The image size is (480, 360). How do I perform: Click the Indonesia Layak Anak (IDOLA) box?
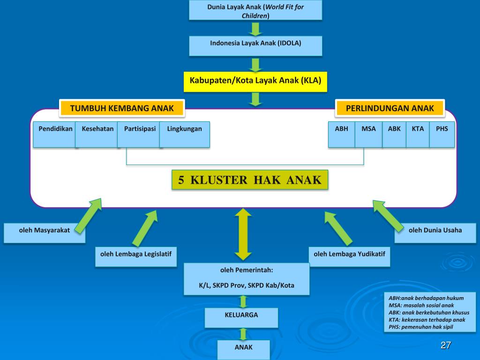pos(255,46)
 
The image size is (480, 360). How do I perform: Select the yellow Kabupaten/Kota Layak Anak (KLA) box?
pos(255,82)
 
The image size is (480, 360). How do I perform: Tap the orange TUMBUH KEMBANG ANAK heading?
pos(122,108)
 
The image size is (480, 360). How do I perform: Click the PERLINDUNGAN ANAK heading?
pos(390,108)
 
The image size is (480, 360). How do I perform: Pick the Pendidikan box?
pos(55,135)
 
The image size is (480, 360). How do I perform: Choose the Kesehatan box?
pos(97,135)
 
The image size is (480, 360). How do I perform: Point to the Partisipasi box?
pos(139,135)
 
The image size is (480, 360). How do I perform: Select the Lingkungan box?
pos(185,135)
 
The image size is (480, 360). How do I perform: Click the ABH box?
pos(342,135)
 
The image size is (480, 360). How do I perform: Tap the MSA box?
pos(368,135)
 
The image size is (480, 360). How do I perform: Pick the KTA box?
pos(418,135)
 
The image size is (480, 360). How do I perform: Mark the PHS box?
pos(442,135)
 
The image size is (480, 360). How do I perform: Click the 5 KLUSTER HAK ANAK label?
pos(250,180)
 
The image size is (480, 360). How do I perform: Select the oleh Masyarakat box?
pos(45,233)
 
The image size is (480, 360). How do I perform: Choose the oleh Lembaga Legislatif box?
pos(136,256)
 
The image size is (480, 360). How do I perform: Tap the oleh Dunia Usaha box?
pos(435,233)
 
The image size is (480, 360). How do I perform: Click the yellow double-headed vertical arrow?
pos(243,234)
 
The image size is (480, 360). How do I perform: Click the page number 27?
pos(446,345)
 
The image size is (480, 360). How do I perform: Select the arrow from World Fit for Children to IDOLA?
pos(255,29)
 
